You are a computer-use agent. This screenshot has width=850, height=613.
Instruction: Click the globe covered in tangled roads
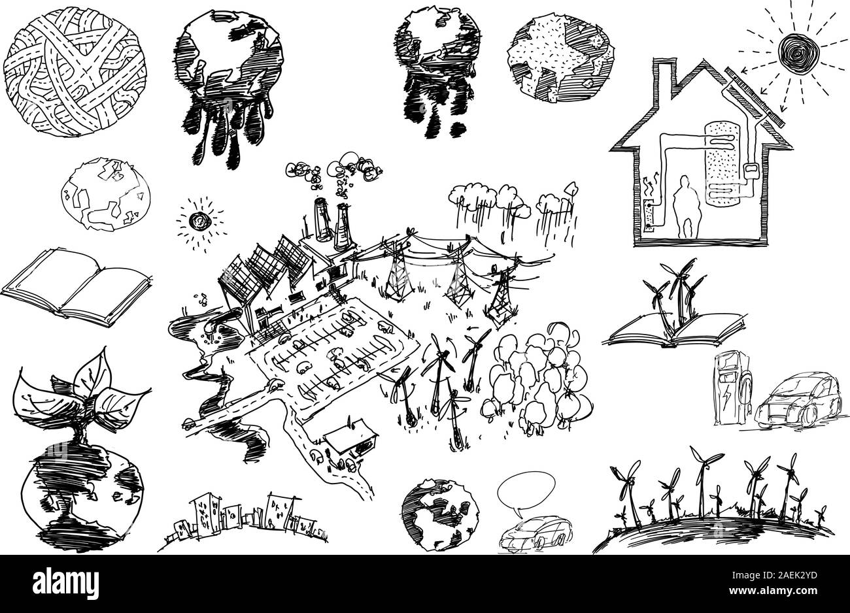75,71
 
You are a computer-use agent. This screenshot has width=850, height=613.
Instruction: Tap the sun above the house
798,53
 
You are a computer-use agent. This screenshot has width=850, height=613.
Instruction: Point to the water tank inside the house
722,164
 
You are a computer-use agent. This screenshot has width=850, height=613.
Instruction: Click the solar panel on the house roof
755,97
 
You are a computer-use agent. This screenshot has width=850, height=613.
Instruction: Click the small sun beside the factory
200,221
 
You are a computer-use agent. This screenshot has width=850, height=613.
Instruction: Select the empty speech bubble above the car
527,493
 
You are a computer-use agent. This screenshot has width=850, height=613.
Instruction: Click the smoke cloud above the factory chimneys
333,173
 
